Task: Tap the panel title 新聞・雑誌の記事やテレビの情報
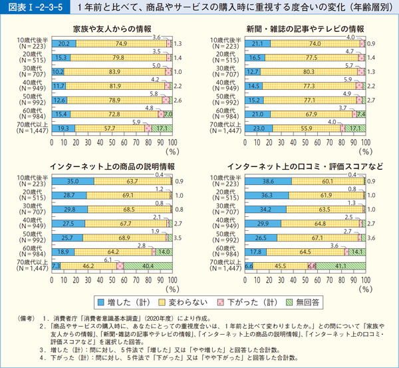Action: click(295, 29)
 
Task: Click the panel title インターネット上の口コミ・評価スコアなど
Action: click(295, 165)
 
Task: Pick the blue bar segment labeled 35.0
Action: click(73, 180)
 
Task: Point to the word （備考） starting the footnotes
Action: click(28, 319)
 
